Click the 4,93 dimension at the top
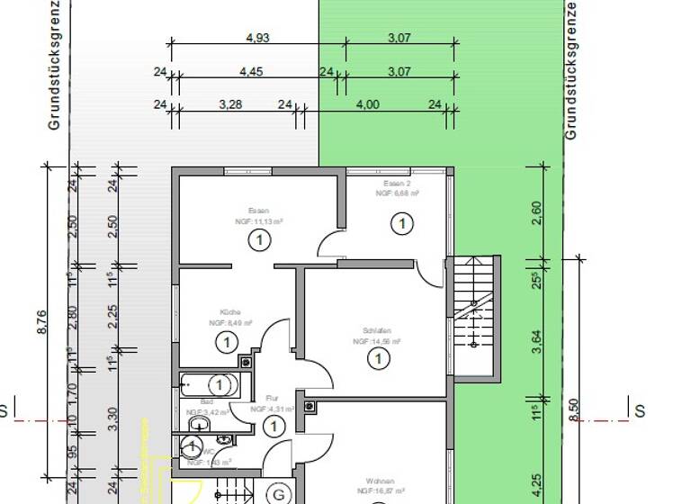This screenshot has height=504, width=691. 257,38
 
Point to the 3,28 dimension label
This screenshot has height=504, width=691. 230,105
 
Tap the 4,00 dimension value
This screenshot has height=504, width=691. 367,105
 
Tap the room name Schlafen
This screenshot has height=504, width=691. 375,331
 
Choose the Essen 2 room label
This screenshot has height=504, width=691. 397,183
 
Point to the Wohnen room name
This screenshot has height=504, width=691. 380,481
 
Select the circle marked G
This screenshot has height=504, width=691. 279,495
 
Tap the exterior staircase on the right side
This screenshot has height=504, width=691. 475,315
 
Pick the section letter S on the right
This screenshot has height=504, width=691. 640,411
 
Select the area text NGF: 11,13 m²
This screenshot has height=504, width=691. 259,220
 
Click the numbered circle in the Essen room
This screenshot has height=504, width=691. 259,240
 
